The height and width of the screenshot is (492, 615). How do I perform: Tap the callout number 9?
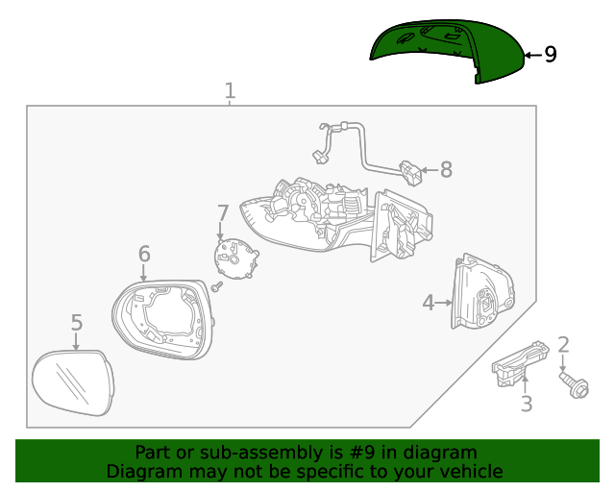550,55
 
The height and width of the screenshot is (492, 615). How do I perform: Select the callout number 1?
230,91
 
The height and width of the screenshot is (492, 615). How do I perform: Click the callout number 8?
445,171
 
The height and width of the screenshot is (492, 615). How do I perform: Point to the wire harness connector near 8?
412,173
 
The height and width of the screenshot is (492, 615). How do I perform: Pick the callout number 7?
222,212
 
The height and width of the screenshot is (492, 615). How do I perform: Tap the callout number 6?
144,254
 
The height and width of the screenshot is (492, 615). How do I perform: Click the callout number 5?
77,323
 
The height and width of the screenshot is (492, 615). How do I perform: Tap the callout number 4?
429,303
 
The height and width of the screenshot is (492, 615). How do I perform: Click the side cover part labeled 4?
481,293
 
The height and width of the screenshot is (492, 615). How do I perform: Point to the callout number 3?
526,405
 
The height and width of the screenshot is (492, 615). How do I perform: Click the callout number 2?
564,344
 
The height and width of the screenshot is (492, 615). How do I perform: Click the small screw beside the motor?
218,286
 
